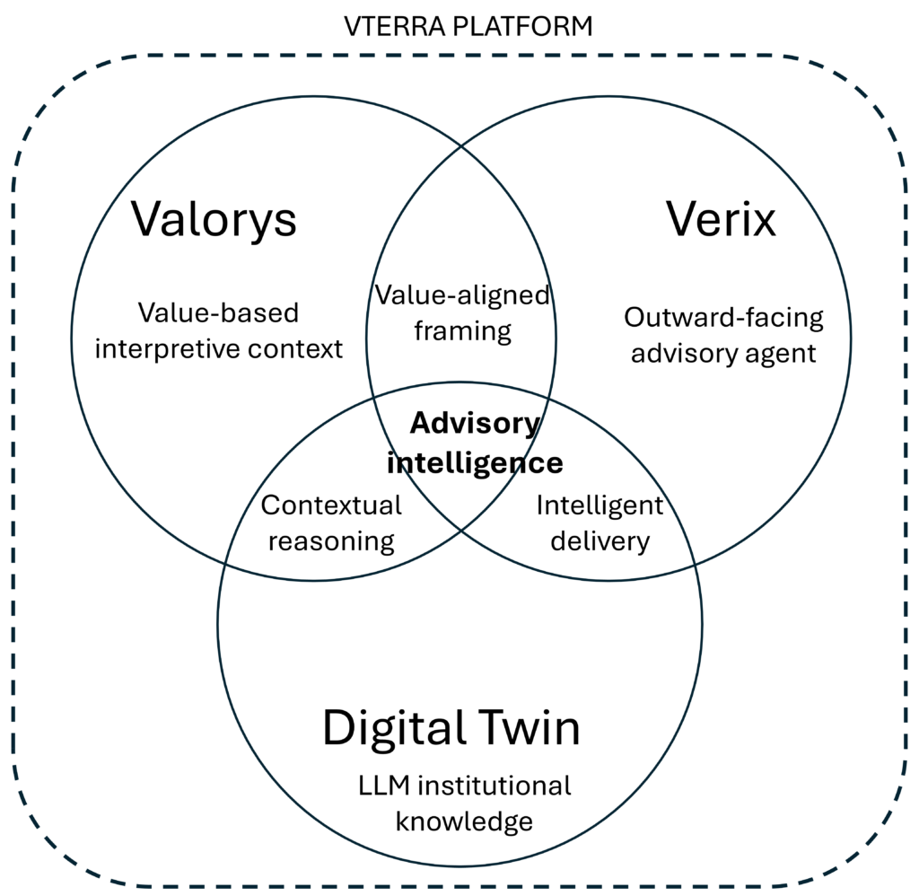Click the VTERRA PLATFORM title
click(x=468, y=26)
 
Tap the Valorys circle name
click(x=214, y=219)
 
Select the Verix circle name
click(x=721, y=219)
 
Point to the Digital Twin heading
click(x=451, y=727)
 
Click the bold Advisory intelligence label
click(x=475, y=443)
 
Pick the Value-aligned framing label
click(x=462, y=312)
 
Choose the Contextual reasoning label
click(x=331, y=523)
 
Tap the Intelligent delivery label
click(x=600, y=523)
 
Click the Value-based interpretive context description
click(x=219, y=330)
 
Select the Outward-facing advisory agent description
click(x=723, y=335)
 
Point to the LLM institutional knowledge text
click(x=464, y=803)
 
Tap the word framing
click(x=462, y=331)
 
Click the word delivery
click(x=600, y=541)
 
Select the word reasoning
click(x=331, y=541)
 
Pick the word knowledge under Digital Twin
click(x=464, y=821)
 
